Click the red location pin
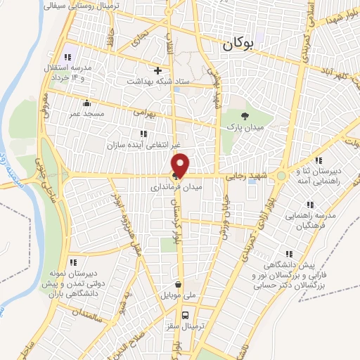(181, 164)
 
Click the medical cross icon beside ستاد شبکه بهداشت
(158, 70)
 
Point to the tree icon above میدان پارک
(244, 116)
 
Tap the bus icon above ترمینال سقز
(186, 315)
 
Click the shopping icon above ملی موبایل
(178, 285)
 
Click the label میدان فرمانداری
(178, 188)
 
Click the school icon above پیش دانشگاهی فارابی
(288, 254)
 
